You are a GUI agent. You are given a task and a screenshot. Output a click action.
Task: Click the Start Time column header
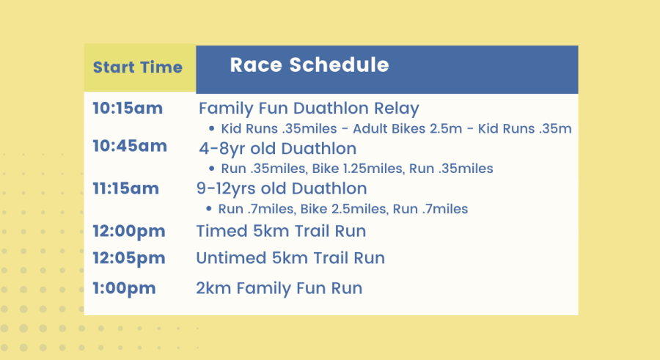tap(138, 67)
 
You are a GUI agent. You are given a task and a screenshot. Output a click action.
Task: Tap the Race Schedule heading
tap(309, 65)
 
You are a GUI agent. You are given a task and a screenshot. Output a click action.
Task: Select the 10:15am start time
tap(128, 109)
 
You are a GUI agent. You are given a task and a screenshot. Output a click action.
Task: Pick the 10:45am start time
tap(130, 146)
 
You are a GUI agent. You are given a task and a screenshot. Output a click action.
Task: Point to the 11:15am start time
tap(126, 188)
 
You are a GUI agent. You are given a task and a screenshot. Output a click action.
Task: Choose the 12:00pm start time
tap(129, 232)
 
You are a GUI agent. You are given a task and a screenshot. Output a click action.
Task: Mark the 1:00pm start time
tap(124, 289)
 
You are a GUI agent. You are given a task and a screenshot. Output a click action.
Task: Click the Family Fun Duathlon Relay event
tap(309, 109)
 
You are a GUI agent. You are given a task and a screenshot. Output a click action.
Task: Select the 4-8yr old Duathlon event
tap(278, 149)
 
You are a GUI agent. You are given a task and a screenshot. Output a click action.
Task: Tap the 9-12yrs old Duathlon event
tap(282, 189)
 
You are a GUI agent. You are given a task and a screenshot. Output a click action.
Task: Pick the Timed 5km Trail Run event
tap(281, 231)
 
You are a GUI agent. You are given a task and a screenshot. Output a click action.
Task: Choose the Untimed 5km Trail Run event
tap(290, 258)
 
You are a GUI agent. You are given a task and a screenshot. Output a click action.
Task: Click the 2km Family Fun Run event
tap(279, 288)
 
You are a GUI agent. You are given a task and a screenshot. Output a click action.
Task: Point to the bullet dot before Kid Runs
tap(212, 128)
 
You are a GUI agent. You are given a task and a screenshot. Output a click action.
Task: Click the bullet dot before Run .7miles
tap(209, 208)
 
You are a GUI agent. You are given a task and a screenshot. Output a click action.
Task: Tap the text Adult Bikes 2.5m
tap(408, 128)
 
